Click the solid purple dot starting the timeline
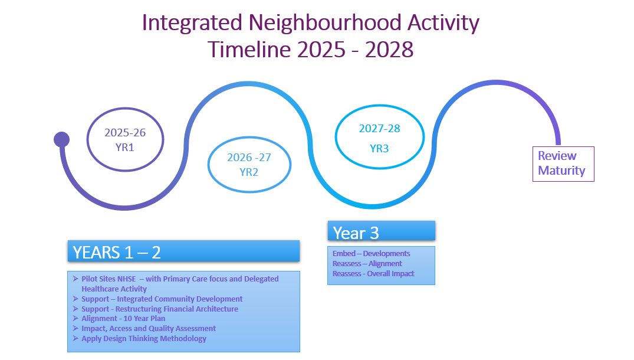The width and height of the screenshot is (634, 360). (x=61, y=139)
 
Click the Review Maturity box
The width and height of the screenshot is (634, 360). (x=563, y=164)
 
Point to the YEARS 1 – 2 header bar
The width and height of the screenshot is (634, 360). (x=183, y=251)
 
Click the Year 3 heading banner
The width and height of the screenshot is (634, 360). (x=382, y=231)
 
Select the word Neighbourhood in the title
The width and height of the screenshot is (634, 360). (x=325, y=22)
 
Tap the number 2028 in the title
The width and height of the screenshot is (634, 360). (x=389, y=50)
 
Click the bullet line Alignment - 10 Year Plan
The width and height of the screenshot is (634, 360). (x=123, y=318)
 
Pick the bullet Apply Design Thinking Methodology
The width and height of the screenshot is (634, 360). (x=144, y=339)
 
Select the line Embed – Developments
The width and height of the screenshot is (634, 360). (x=371, y=254)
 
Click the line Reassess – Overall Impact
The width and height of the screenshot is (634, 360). (x=373, y=273)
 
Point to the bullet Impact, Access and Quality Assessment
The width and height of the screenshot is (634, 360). (x=149, y=329)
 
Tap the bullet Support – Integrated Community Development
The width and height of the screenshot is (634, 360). (x=162, y=299)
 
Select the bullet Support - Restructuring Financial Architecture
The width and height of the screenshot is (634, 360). (x=160, y=309)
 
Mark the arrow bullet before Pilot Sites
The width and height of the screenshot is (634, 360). (x=75, y=279)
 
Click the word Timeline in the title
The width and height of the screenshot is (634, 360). (x=249, y=50)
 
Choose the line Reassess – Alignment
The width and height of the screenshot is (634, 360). (x=367, y=264)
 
